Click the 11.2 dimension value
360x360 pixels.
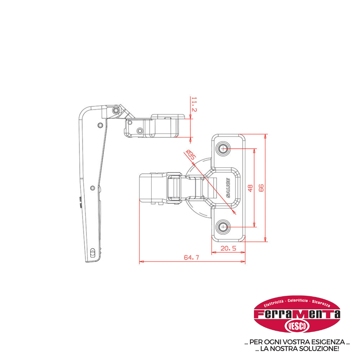pyautogui.click(x=194, y=104)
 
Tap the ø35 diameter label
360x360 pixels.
pyautogui.click(x=191, y=155)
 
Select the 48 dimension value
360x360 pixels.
pyautogui.click(x=250, y=188)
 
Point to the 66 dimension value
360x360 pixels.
pyautogui.click(x=261, y=188)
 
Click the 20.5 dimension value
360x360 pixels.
pyautogui.click(x=228, y=248)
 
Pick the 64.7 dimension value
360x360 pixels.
pyautogui.click(x=191, y=257)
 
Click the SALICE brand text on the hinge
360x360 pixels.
pyautogui.click(x=228, y=188)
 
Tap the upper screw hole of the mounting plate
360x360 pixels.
pyautogui.click(x=223, y=149)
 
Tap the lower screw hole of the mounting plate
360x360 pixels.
pyautogui.click(x=223, y=227)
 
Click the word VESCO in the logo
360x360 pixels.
pyautogui.click(x=297, y=326)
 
